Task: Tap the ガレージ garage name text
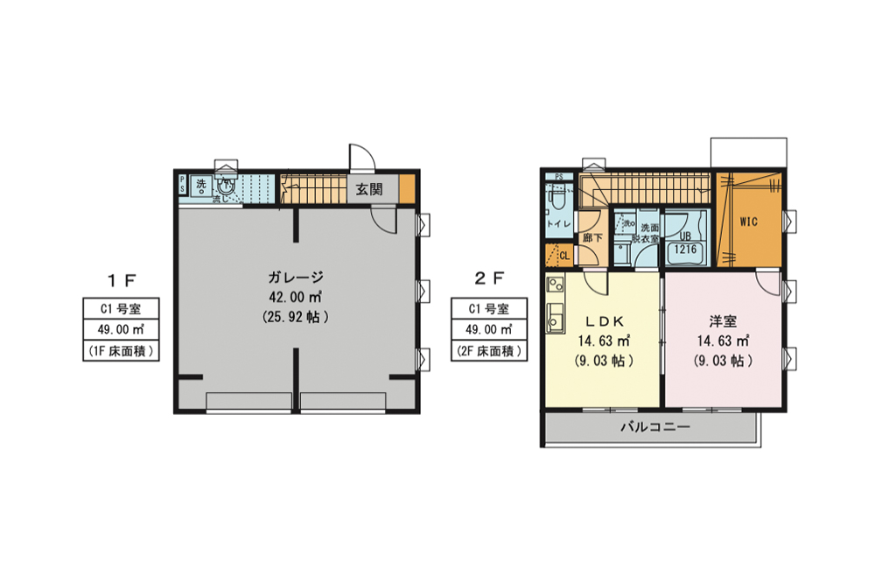coord(296,278)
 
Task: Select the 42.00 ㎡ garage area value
coord(296,298)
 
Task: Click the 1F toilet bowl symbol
coord(227,186)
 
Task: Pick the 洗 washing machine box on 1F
coord(201,185)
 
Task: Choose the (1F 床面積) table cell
coord(121,351)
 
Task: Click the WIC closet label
coord(748,222)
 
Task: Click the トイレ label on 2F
coord(559,224)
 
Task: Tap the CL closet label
coord(563,256)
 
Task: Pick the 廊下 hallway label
coord(592,237)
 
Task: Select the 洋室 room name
coord(723,320)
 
